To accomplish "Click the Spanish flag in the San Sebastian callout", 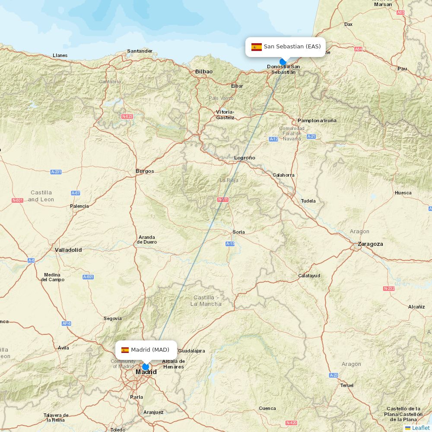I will click(257, 47).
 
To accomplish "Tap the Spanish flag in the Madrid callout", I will click(125, 350).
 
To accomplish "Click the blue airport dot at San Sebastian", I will click(283, 62).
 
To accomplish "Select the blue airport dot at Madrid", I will click(146, 367).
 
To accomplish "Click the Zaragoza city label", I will click(370, 244).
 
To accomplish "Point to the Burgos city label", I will click(145, 171).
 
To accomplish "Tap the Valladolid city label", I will click(68, 250).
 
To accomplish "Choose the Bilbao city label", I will click(204, 72).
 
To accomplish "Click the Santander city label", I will click(140, 51).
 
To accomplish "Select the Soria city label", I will click(239, 232).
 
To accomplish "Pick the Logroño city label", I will click(245, 158).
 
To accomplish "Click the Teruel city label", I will click(347, 385).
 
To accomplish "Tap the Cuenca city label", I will click(267, 408).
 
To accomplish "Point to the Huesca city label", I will click(403, 193).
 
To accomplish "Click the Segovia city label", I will click(113, 318).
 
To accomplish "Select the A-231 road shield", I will click(56, 172).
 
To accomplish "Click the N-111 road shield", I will click(223, 200).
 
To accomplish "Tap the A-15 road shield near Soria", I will click(230, 244).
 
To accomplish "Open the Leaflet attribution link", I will click(420, 428).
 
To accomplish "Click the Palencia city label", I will click(79, 206).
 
